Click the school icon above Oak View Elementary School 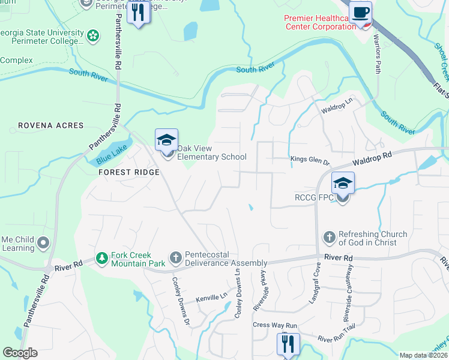click(166, 140)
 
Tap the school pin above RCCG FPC click(342, 183)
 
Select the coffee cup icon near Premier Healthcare click(360, 13)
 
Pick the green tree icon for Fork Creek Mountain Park click(102, 258)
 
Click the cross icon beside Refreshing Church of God click(329, 238)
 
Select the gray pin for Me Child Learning click(43, 243)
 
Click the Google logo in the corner click(20, 353)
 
